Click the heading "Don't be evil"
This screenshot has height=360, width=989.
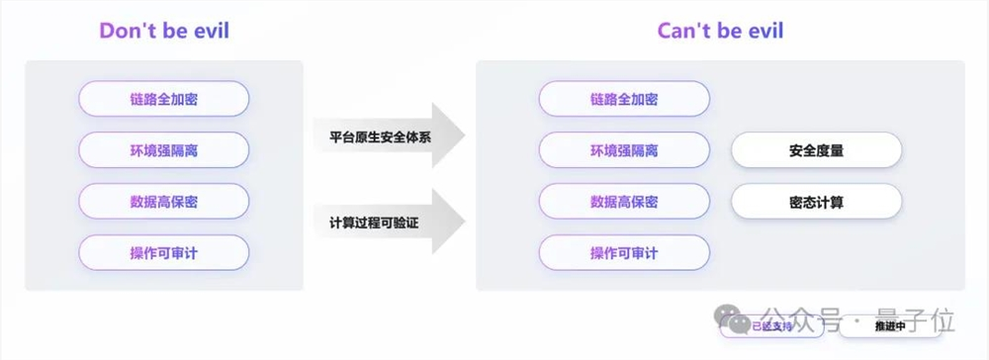pyautogui.click(x=163, y=31)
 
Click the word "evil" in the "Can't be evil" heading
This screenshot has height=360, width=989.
pyautogui.click(x=763, y=31)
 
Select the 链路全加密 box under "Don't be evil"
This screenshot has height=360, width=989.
pyautogui.click(x=163, y=99)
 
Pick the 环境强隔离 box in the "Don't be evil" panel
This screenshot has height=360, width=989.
pyautogui.click(x=163, y=150)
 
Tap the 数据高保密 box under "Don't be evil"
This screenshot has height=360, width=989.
pyautogui.click(x=163, y=202)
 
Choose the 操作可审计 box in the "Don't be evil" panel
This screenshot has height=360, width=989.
pyautogui.click(x=163, y=253)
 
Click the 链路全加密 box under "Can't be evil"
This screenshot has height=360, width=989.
pyautogui.click(x=624, y=99)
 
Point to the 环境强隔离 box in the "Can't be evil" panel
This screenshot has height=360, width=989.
pyautogui.click(x=624, y=150)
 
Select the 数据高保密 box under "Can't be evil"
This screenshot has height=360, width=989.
pyautogui.click(x=624, y=202)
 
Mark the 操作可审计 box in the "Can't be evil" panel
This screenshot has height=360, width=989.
pyautogui.click(x=624, y=253)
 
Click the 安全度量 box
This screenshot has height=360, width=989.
pyautogui.click(x=816, y=150)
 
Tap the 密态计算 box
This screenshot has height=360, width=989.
pyautogui.click(x=816, y=202)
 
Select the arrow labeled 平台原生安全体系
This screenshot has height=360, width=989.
pyautogui.click(x=391, y=136)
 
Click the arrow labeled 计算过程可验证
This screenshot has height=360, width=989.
pyautogui.click(x=391, y=222)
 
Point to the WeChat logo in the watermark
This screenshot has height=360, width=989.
pyautogui.click(x=737, y=321)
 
